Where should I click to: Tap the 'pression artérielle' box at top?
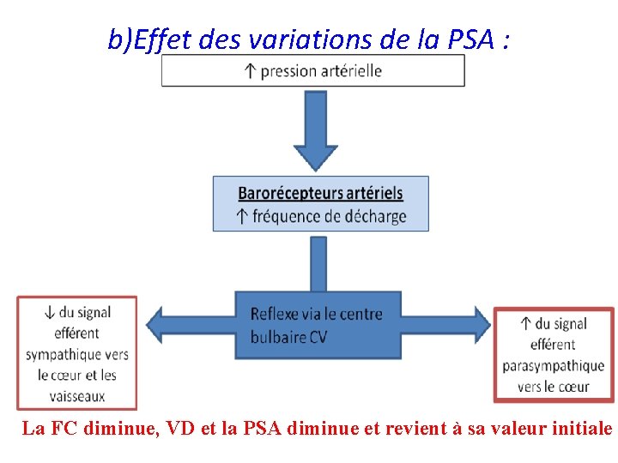(313, 70)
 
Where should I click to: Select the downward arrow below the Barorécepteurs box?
(318, 264)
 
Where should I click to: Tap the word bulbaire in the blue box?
(277, 337)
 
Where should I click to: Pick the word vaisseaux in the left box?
(77, 396)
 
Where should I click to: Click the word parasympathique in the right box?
(554, 366)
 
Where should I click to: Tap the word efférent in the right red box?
(553, 345)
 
